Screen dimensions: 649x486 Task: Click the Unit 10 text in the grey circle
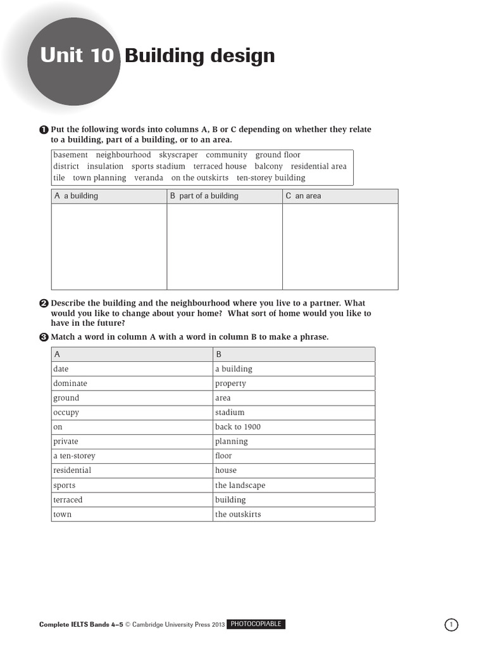[77, 56]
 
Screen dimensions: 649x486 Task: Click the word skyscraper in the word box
[178, 155]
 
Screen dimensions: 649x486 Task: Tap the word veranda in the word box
[149, 178]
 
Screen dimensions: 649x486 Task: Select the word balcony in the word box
[268, 167]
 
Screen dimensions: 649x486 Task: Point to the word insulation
[105, 167]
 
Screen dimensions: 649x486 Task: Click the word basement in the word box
[70, 155]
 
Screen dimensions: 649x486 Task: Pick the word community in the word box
[227, 155]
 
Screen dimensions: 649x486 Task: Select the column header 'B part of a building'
[204, 196]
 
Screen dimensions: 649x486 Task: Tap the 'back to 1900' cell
[237, 427]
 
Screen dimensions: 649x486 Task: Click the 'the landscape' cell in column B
[240, 485]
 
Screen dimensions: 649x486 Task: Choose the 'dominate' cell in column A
[70, 384]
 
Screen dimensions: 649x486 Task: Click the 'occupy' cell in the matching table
[66, 413]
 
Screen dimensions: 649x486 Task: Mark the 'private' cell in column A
[66, 442]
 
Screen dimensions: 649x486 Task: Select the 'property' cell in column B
[230, 384]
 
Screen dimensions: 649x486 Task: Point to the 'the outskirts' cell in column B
[237, 515]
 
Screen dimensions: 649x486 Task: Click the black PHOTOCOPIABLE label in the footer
[256, 625]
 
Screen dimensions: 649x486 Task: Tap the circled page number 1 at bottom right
[451, 626]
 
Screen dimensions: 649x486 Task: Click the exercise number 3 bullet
[44, 337]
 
